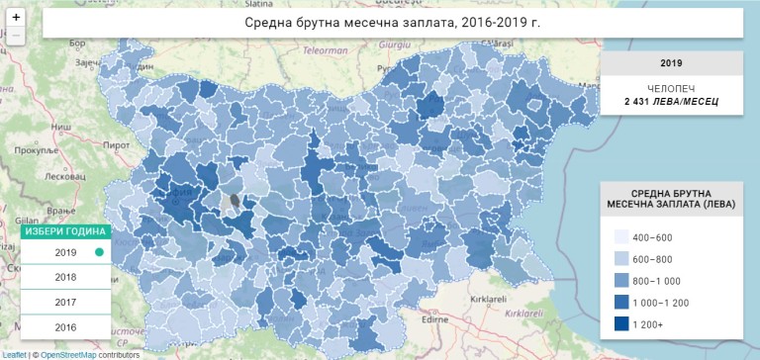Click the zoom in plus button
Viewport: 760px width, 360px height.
coord(16,18)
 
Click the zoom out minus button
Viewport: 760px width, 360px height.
coord(16,36)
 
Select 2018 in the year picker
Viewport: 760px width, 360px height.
coord(65,278)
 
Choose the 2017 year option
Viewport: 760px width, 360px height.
coord(65,303)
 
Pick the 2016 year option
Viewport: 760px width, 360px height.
coord(65,327)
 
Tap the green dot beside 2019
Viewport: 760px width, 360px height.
coord(99,253)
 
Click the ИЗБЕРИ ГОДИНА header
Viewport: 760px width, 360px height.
coord(65,231)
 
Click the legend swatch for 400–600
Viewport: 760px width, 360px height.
coord(622,238)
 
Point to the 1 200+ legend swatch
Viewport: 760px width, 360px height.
coord(622,321)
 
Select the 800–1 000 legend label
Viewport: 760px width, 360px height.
coord(668,280)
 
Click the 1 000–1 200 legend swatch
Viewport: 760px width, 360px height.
coord(622,301)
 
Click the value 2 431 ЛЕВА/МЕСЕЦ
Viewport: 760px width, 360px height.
coord(671,102)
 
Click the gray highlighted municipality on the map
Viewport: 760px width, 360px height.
coord(235,203)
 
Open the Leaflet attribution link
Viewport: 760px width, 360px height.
coord(14,354)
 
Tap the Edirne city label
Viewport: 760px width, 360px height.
coord(436,319)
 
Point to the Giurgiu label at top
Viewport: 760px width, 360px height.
coord(394,45)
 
